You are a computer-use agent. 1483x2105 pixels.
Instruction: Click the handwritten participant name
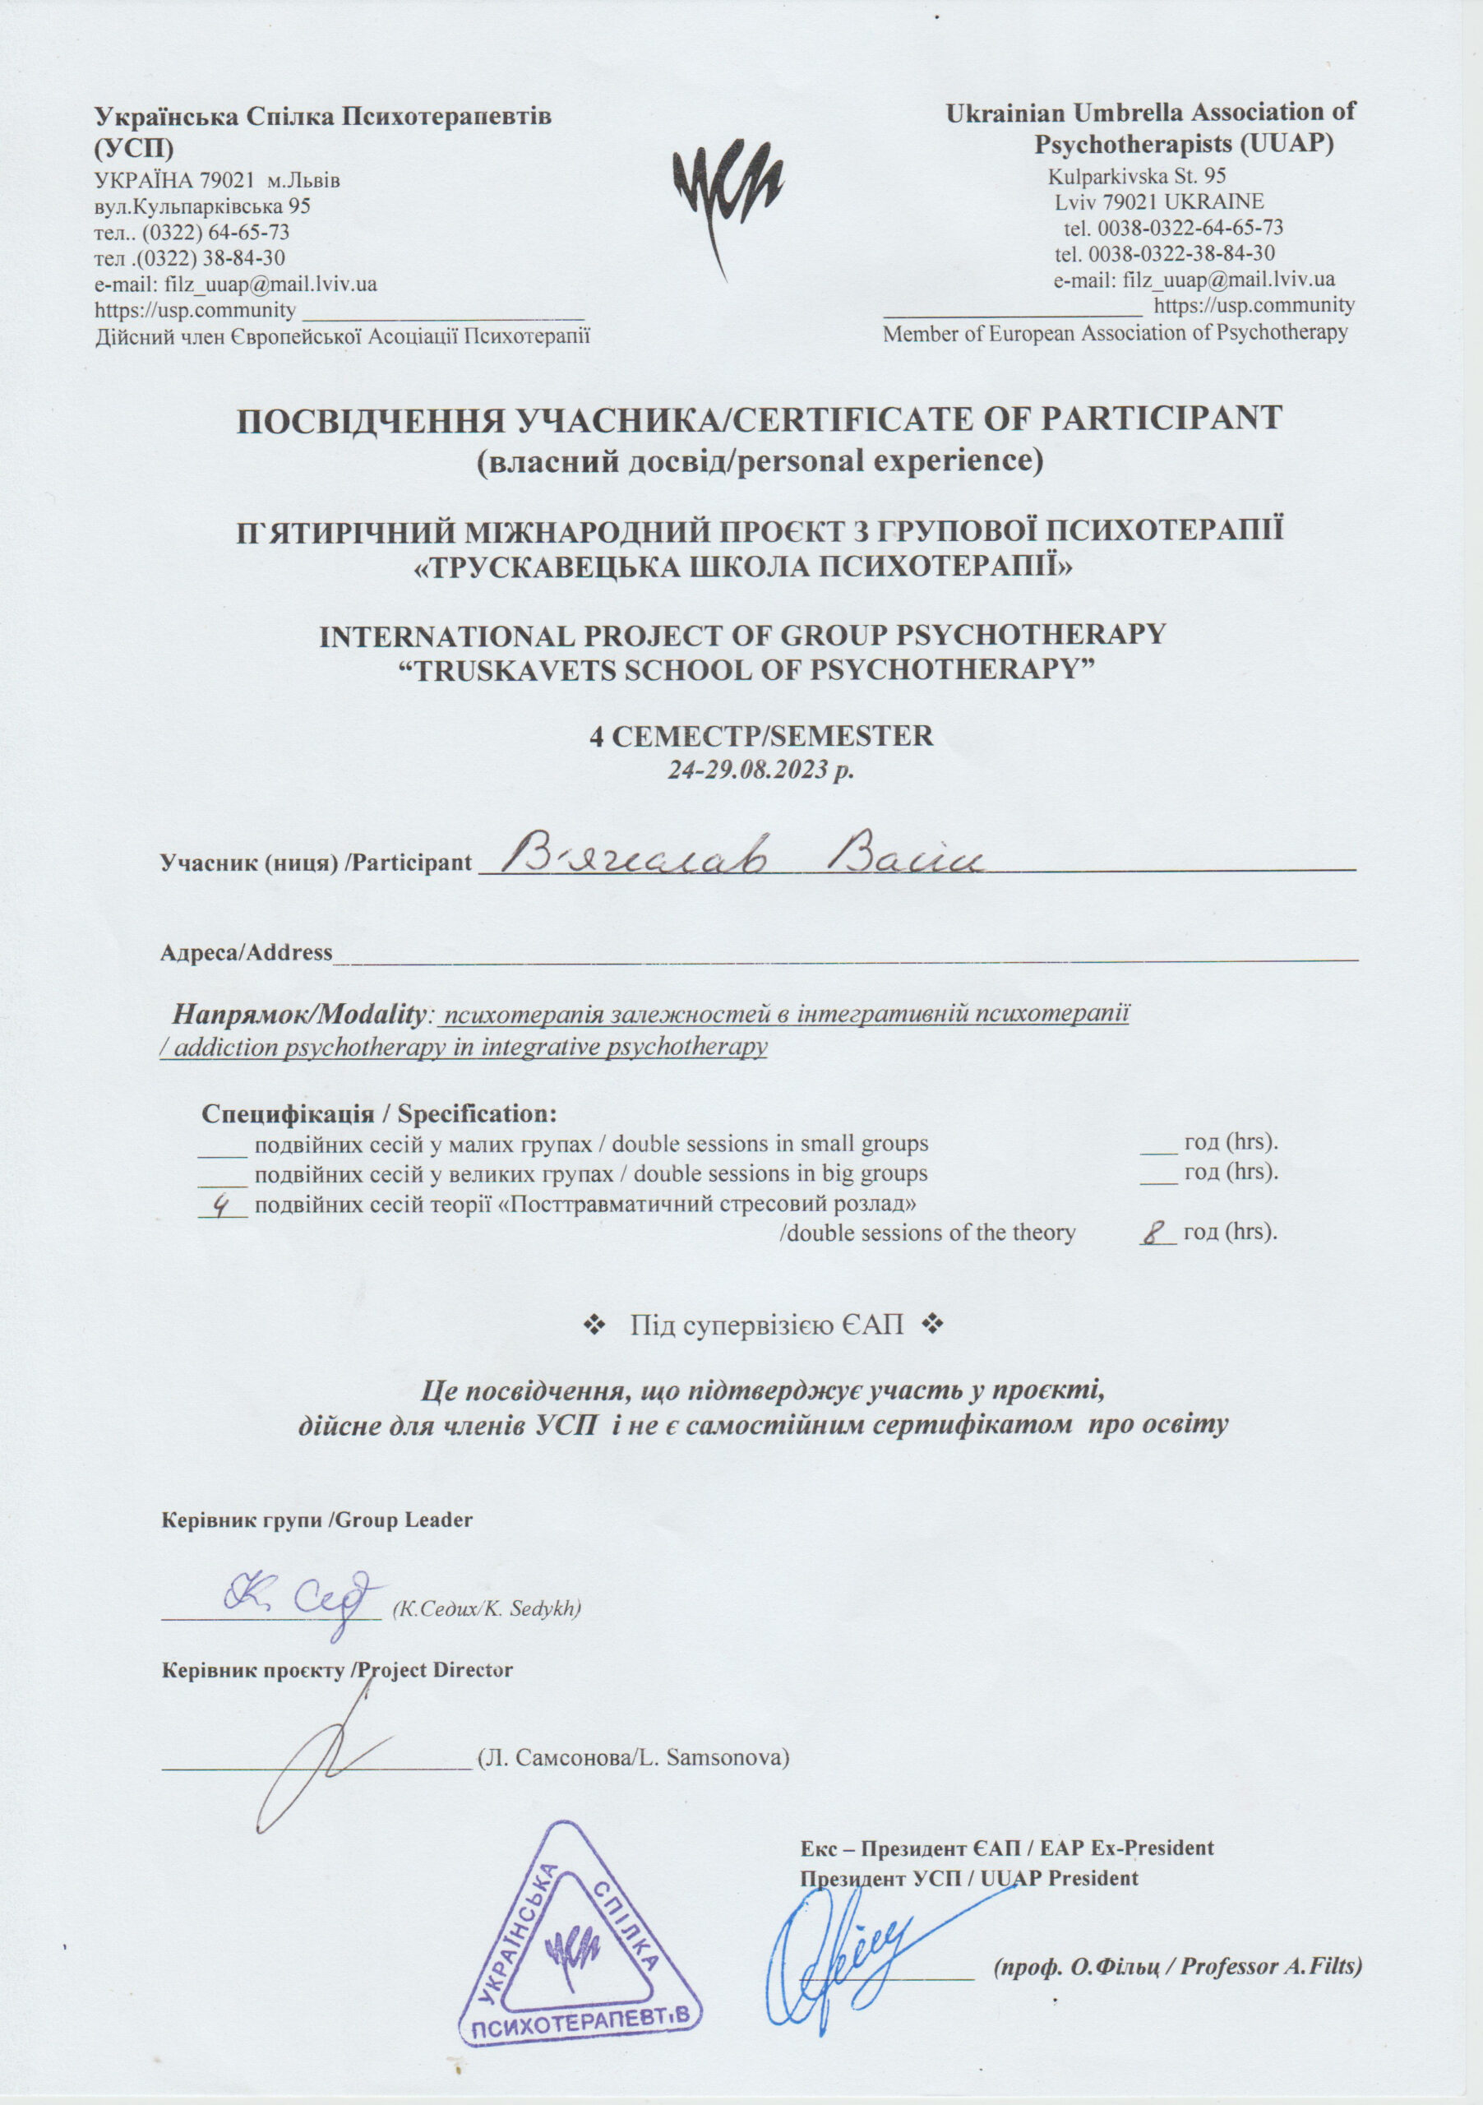[742, 858]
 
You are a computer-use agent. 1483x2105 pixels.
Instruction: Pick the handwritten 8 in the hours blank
[1155, 1233]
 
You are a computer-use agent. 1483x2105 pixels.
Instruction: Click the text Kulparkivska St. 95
[1137, 175]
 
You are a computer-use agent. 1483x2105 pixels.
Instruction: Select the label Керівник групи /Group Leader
[316, 1520]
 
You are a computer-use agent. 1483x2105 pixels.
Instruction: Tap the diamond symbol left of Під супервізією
[591, 1325]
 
